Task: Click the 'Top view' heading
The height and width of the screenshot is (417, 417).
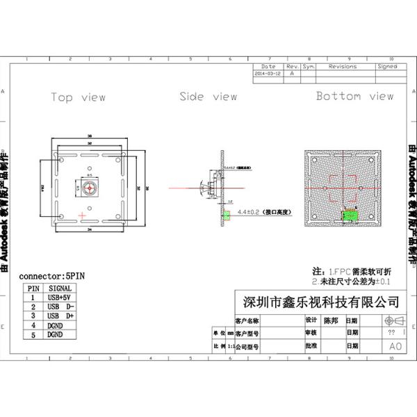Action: (x=78, y=97)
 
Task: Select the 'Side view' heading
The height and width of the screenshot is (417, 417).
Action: (x=208, y=97)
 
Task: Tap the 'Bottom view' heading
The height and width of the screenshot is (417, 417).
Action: (x=354, y=96)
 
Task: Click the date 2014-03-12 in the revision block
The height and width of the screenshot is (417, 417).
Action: (x=268, y=72)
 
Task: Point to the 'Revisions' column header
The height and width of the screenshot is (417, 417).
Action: (x=342, y=67)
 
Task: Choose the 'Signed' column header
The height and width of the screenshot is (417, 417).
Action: (x=386, y=67)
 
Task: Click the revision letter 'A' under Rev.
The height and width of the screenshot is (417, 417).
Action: (x=292, y=72)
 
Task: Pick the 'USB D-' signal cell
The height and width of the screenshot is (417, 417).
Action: (x=59, y=306)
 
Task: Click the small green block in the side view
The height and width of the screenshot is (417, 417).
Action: (x=225, y=214)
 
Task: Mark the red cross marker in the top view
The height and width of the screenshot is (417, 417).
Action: (x=83, y=216)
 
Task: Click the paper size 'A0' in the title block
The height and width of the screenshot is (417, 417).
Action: (x=395, y=345)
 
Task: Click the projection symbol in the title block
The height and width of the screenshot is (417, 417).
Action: (x=393, y=320)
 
